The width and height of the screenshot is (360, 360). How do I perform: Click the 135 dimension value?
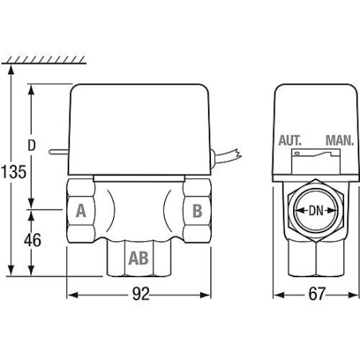tap(14, 171)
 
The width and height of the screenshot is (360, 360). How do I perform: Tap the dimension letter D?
tap(32, 145)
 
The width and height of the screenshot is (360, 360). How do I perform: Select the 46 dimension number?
tap(33, 240)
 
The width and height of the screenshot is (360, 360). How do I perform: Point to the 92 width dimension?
tap(141, 294)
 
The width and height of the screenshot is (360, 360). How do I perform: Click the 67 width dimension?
tap(317, 294)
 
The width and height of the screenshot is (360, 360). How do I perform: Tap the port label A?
tap(81, 211)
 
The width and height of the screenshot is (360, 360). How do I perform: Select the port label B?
tap(198, 211)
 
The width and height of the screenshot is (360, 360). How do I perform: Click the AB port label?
tap(139, 258)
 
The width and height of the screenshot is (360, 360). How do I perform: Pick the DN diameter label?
tap(316, 211)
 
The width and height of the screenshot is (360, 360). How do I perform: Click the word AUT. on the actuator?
tap(290, 140)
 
